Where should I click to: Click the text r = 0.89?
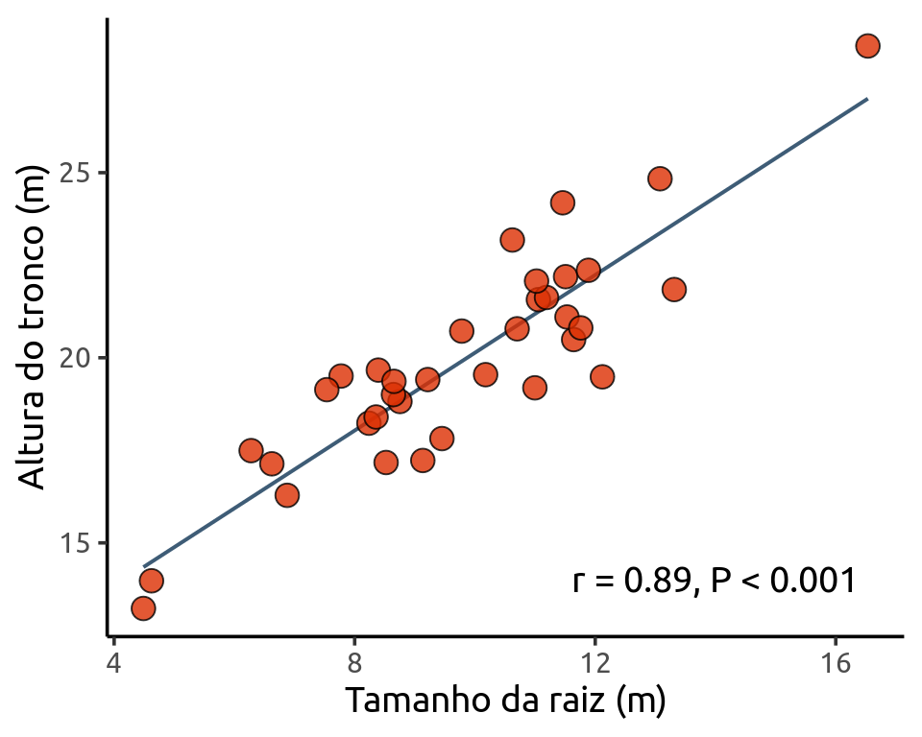tap(629, 581)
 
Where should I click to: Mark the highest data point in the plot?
tap(867, 46)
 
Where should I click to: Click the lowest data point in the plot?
tap(143, 608)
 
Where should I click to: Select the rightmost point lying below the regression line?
tap(674, 289)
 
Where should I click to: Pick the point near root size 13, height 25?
tap(660, 178)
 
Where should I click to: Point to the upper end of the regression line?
tap(867, 99)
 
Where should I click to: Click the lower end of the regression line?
tap(144, 566)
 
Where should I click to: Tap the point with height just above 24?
tap(563, 202)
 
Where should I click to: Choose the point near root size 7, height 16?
tap(286, 495)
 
